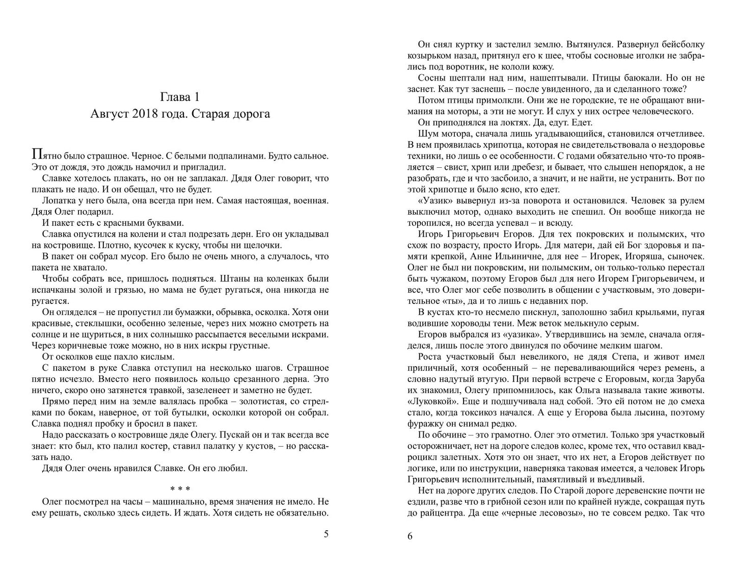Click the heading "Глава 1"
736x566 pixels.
click(179, 97)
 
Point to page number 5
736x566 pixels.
click(326, 534)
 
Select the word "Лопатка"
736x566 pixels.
click(58, 200)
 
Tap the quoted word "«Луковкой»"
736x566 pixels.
click(427, 401)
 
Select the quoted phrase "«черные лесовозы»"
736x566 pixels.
click(539, 513)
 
